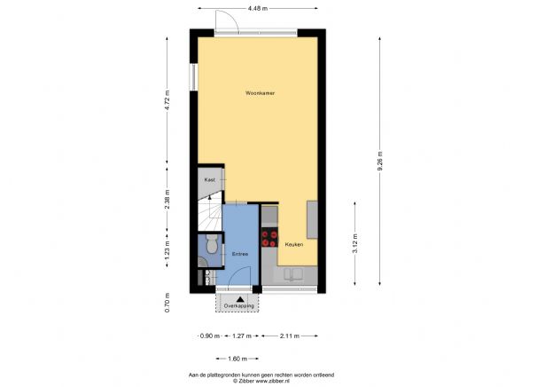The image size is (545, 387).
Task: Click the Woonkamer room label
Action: point(259,92)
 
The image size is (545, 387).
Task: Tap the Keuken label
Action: point(293,244)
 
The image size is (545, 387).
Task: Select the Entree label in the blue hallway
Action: point(239,256)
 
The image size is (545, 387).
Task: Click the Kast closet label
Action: point(210,179)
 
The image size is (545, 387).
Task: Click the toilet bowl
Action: point(209,244)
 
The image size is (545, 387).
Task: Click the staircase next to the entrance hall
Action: point(207,213)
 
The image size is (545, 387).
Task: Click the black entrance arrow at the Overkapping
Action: point(238,299)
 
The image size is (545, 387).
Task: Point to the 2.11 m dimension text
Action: point(289,336)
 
